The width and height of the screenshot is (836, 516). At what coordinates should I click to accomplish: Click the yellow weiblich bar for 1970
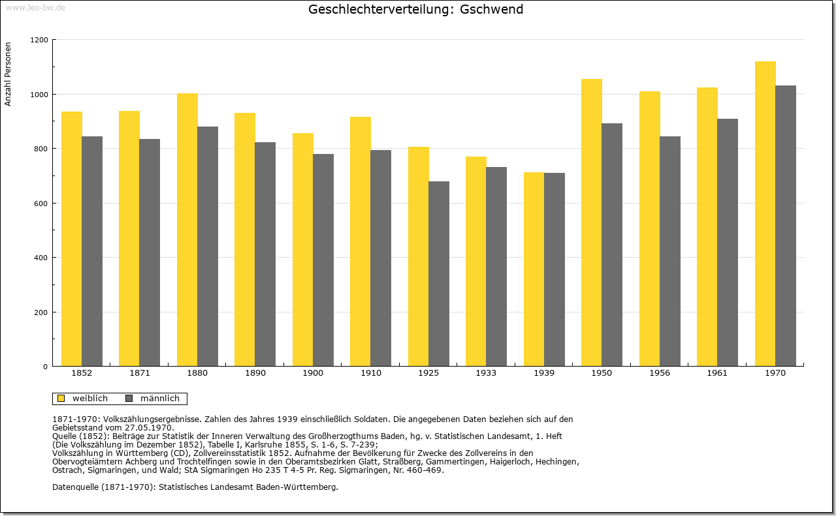[765, 213]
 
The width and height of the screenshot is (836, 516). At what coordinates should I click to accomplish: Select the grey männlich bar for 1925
[439, 274]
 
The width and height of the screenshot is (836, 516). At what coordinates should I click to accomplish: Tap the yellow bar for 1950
[592, 222]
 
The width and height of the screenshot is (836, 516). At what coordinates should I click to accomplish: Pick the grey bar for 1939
[555, 269]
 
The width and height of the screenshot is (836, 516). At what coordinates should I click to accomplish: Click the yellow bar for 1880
[187, 230]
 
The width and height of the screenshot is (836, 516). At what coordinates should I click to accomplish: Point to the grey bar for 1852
[92, 251]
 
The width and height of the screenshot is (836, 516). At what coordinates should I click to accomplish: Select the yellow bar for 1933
[476, 262]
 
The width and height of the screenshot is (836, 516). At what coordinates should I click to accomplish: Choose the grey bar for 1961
[728, 242]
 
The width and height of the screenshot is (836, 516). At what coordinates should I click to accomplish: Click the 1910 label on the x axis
[371, 373]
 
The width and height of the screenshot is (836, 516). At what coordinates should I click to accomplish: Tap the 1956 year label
[660, 373]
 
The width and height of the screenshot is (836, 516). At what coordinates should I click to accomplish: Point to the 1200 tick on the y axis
[39, 40]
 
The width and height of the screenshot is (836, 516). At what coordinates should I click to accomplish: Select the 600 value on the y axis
[41, 204]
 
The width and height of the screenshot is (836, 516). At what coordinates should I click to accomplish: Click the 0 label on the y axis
[46, 367]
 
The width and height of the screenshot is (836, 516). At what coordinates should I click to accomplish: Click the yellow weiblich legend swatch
[61, 399]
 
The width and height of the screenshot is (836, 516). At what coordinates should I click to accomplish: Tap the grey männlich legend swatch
[129, 399]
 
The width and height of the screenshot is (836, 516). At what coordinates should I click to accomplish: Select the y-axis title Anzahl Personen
[8, 74]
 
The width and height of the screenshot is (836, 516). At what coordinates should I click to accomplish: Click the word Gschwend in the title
[491, 9]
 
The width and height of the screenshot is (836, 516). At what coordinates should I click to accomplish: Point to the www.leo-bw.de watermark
[35, 7]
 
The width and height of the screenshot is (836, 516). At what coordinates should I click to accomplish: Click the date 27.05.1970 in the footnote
[149, 428]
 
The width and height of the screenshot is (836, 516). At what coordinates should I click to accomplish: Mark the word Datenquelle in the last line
[75, 487]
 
